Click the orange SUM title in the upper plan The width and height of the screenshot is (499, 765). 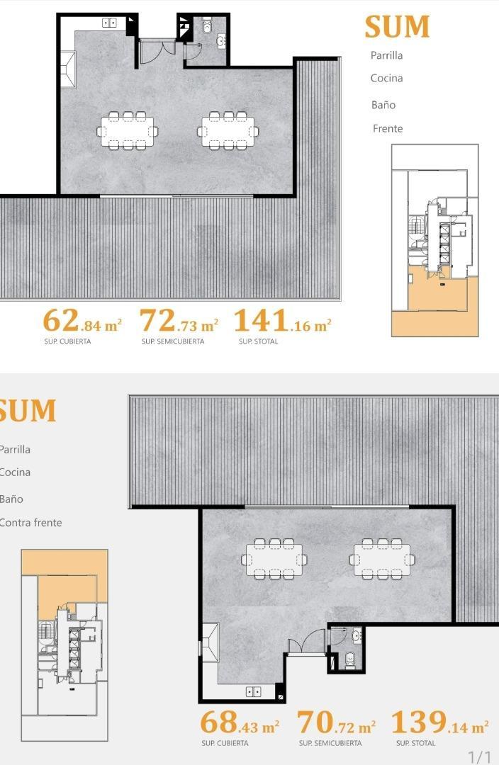coord(397,27)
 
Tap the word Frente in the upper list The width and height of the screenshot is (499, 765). coord(388,128)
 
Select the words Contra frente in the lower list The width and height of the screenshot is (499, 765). coord(30,523)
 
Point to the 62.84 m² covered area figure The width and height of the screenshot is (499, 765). coord(82,322)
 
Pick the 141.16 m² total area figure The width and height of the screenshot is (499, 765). coord(282,322)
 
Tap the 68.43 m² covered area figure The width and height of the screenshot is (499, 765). coord(240,723)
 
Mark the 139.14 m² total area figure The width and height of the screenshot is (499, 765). coord(439,723)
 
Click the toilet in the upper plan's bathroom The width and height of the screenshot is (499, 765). coord(207,27)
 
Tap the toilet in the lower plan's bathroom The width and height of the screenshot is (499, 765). coord(349,660)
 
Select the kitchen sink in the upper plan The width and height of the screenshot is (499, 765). coord(109,23)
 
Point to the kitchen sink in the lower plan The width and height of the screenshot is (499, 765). coord(254,691)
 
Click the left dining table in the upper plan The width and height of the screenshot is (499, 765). coord(128,131)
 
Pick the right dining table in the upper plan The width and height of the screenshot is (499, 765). coord(228,131)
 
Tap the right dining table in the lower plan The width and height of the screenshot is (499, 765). coord(382,559)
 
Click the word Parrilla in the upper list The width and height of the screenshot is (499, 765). coord(386,55)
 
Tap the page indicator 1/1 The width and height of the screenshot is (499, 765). coord(479,756)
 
